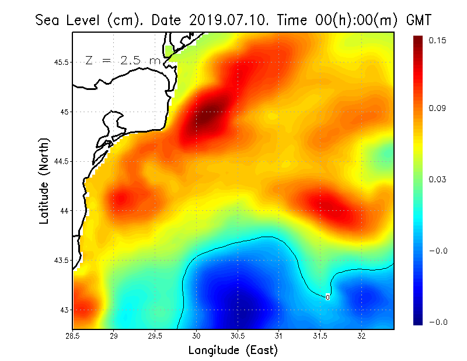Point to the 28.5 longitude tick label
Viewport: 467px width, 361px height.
click(73, 336)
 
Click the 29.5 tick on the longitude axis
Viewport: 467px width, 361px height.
click(155, 336)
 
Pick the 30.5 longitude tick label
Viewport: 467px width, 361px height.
click(238, 336)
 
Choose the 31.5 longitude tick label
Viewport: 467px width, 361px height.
click(320, 336)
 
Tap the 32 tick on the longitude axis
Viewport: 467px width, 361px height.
click(361, 336)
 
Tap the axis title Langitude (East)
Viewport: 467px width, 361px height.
click(233, 350)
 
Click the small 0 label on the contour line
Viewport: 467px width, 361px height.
click(327, 297)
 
